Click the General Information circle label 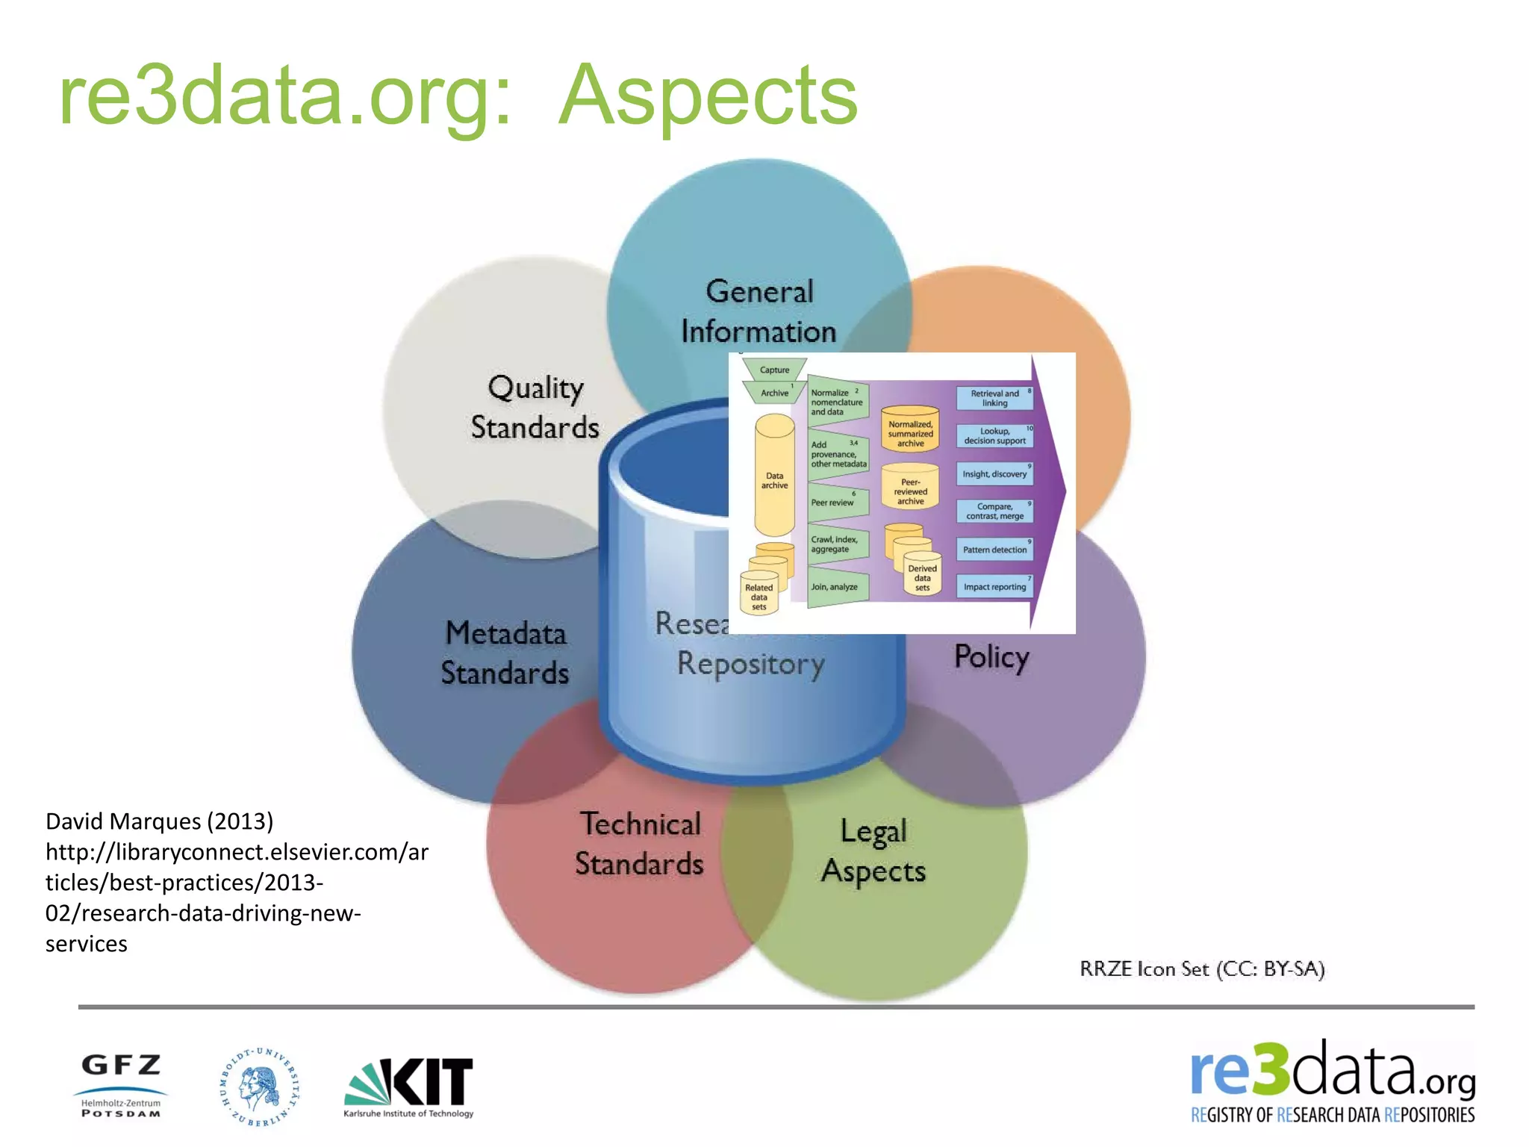coord(759,311)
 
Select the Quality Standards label coord(535,408)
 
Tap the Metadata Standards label coord(505,653)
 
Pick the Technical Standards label coord(640,844)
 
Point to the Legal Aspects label coord(874,851)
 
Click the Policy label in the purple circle coord(991,657)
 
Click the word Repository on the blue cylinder coord(750,664)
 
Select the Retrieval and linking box coord(994,398)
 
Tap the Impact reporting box coord(994,587)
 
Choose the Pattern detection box coord(994,550)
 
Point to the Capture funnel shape coord(774,370)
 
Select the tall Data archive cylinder coord(774,478)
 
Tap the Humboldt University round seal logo coord(259,1087)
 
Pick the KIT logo coord(409,1085)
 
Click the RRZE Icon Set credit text coord(1201,969)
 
